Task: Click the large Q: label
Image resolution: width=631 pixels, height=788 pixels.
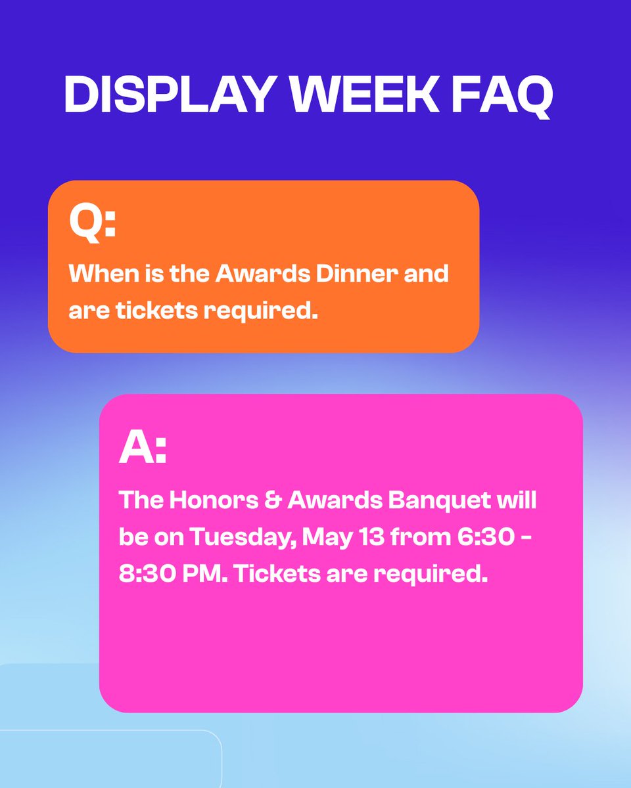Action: point(93,223)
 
